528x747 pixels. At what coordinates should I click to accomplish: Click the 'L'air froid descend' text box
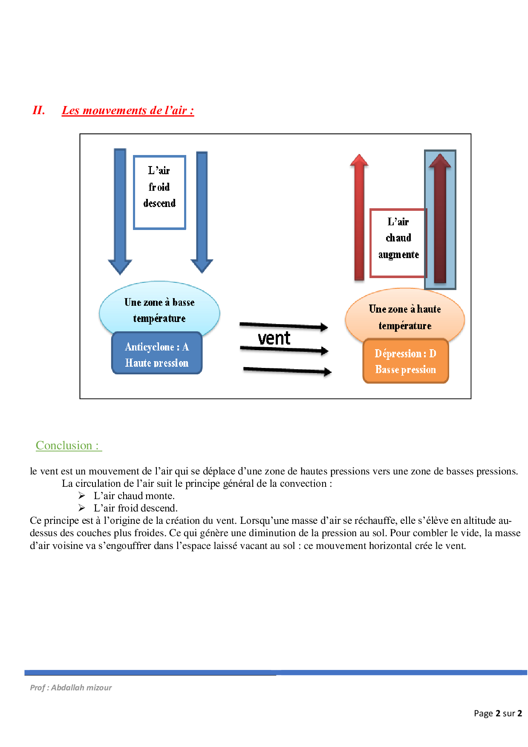tap(159, 192)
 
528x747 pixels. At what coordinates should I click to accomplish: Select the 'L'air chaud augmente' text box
tap(398, 243)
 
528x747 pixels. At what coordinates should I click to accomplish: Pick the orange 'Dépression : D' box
tap(405, 361)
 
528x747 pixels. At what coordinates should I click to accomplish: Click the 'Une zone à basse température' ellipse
tap(159, 307)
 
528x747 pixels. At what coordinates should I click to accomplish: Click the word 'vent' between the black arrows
tap(274, 339)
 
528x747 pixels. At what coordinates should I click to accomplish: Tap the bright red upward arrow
tap(359, 217)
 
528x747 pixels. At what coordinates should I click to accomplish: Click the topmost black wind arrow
tap(283, 326)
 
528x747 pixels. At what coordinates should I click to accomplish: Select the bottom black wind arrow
tap(287, 371)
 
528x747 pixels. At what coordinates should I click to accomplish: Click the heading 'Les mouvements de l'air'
tap(128, 110)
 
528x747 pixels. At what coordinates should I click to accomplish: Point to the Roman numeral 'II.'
tap(39, 110)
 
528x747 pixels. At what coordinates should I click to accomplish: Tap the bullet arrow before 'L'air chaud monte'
tap(82, 496)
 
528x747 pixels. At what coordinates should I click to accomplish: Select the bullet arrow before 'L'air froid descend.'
tap(82, 508)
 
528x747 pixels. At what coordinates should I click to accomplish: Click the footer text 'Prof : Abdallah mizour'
tap(71, 687)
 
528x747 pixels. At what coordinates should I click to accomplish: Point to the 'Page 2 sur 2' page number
tap(497, 713)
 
